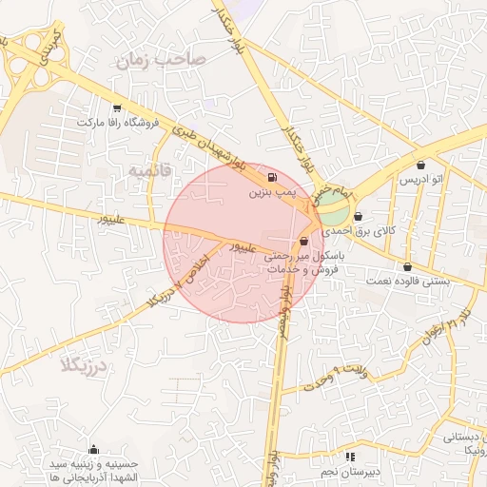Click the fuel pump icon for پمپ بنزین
pyautogui.click(x=273, y=177)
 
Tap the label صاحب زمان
pyautogui.click(x=160, y=60)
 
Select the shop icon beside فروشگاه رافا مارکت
pyautogui.click(x=117, y=108)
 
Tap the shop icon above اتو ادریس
pyautogui.click(x=419, y=165)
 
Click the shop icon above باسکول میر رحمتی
pyautogui.click(x=303, y=241)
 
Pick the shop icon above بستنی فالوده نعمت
pyautogui.click(x=408, y=266)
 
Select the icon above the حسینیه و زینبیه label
pyautogui.click(x=93, y=450)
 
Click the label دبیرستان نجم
pyautogui.click(x=348, y=470)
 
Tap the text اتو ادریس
pyautogui.click(x=419, y=180)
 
